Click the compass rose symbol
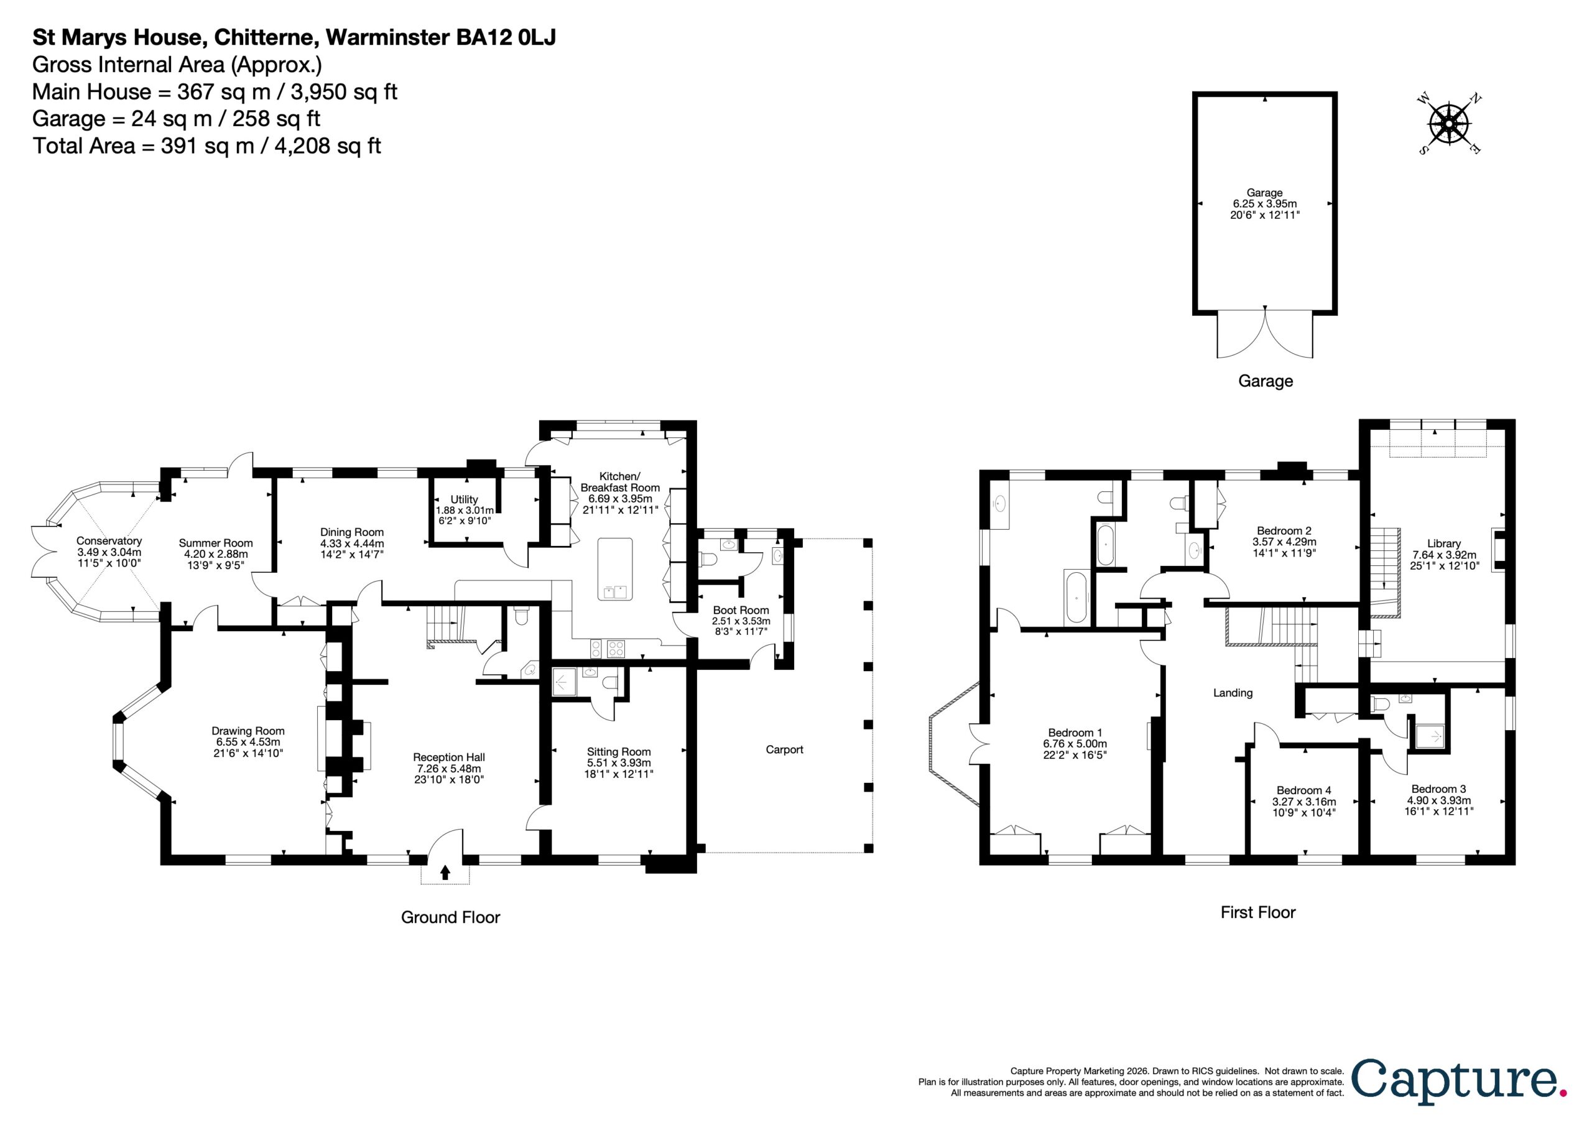[x=1450, y=124]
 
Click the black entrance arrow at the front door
[x=445, y=872]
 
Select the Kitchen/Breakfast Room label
[x=620, y=481]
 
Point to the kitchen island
[x=615, y=569]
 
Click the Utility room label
[x=464, y=499]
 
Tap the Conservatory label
[x=109, y=540]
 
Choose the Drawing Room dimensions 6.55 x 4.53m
[x=248, y=741]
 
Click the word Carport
[x=784, y=749]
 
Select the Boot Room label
[x=741, y=609]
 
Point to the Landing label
[x=1233, y=692]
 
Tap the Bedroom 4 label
[x=1303, y=790]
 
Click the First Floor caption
[x=1258, y=912]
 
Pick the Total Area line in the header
[x=206, y=146]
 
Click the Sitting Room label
[x=619, y=751]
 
